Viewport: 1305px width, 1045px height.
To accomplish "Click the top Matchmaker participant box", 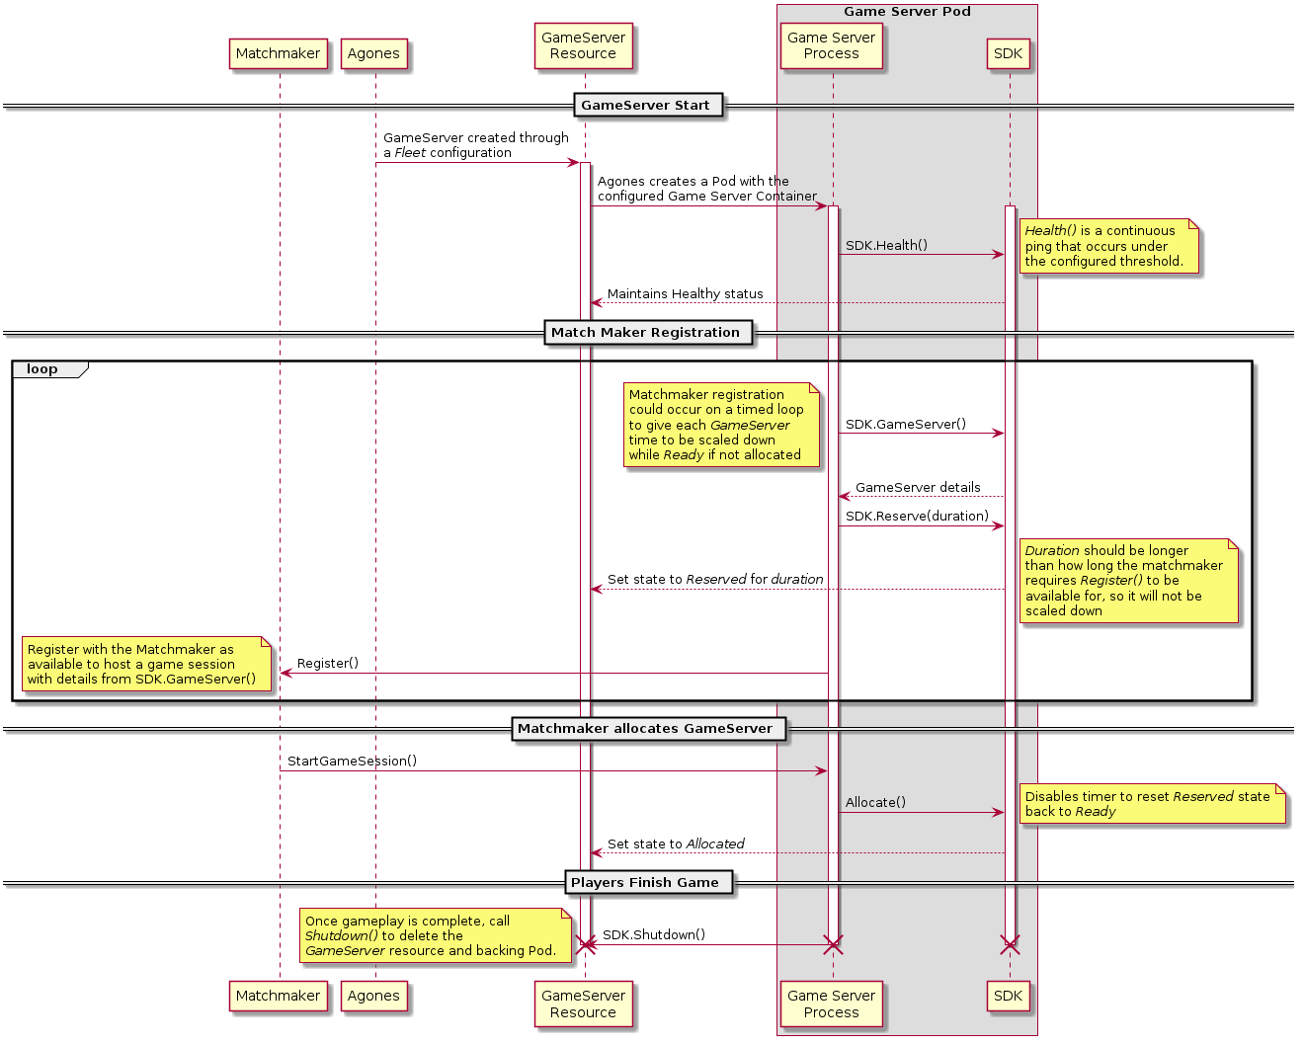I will [278, 54].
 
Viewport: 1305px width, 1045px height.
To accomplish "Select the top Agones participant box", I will [373, 54].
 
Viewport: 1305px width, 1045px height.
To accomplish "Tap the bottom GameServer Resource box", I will [583, 1004].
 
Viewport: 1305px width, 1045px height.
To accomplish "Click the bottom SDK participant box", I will [1008, 996].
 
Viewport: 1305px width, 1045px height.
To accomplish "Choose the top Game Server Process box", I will [831, 46].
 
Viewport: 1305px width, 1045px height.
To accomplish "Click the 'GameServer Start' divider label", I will [645, 106].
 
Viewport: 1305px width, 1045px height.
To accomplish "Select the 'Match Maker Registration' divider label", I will [645, 333].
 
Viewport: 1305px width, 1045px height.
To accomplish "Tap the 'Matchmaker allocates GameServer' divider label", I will [645, 729].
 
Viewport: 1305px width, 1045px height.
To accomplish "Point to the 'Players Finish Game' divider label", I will [645, 883].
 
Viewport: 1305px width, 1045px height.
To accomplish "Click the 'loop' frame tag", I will [42, 369].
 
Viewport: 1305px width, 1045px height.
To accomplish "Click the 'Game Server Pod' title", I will [907, 12].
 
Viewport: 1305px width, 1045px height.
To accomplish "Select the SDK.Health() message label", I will [886, 246].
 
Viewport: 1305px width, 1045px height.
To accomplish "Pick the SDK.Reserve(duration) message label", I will [917, 517].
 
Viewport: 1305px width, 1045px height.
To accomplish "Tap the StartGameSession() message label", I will [352, 762].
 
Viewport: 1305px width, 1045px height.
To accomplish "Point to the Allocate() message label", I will [875, 803].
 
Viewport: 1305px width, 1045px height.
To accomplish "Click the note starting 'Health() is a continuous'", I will [1108, 247].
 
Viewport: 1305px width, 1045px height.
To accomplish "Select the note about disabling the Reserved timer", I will [1152, 804].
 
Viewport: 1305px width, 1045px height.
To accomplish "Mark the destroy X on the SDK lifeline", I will [1010, 944].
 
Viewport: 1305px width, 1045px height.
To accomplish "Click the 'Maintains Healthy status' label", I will [685, 294].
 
